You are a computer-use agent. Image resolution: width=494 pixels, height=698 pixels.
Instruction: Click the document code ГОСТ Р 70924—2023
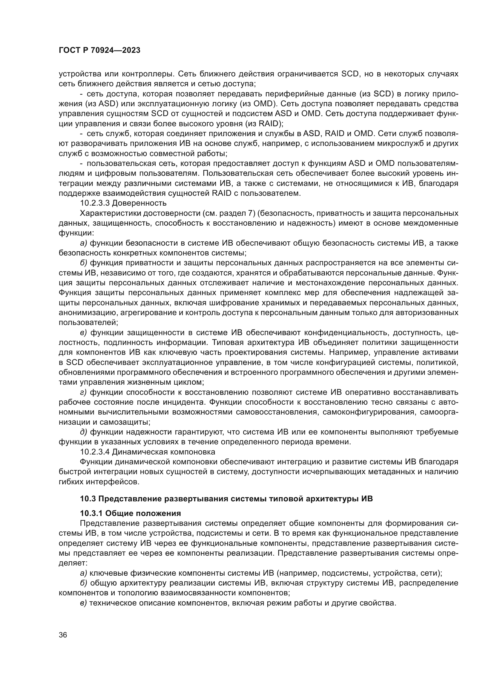click(x=99, y=50)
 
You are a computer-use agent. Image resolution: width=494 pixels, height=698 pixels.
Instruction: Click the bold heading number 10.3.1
click(x=91, y=514)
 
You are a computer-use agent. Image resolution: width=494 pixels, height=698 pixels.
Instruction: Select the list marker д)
click(x=83, y=432)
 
